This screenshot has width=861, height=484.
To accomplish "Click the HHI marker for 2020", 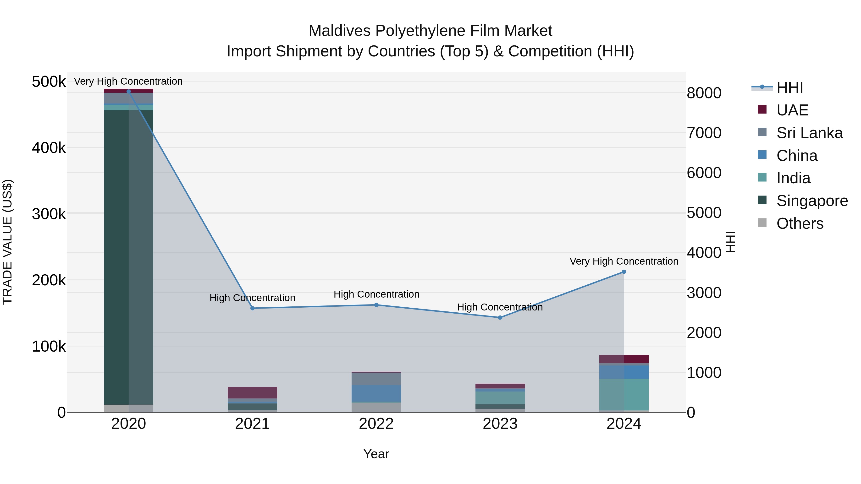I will (129, 91).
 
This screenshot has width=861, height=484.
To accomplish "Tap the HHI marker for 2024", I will (624, 272).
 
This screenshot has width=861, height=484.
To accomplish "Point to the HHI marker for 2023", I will (500, 318).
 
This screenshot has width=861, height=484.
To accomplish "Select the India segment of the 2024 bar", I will (624, 394).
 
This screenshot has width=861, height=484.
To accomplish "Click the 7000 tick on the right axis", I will (704, 133).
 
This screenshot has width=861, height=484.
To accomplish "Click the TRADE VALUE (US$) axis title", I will (7, 242).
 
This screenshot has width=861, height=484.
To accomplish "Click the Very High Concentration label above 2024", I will (624, 261).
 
